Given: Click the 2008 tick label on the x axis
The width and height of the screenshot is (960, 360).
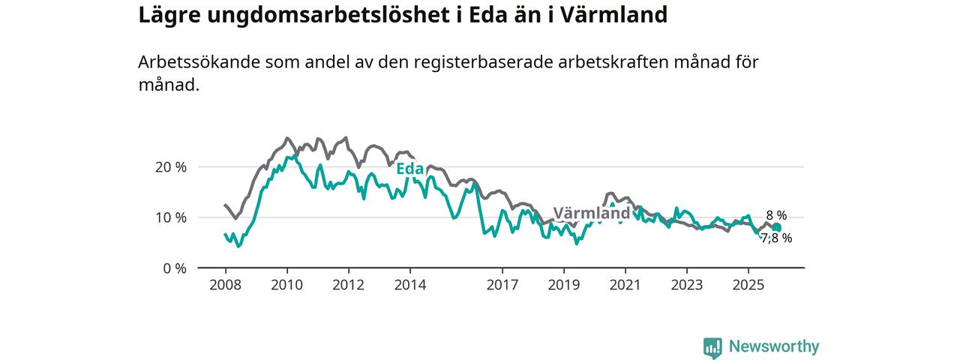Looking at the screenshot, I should (225, 286).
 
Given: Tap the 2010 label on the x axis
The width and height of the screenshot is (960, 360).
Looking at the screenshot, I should (286, 286).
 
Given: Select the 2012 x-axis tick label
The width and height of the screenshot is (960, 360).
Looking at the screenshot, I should (348, 286).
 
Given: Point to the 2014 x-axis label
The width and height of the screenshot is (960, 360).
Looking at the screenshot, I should (410, 286).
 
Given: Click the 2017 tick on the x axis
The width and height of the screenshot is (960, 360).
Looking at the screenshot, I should (502, 286).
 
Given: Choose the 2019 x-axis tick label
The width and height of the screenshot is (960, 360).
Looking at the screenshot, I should (564, 286).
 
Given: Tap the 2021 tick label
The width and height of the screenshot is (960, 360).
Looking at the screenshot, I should (625, 286).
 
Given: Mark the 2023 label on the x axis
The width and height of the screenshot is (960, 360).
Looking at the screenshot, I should (687, 286).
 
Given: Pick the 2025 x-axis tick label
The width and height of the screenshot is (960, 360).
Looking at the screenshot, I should (748, 286).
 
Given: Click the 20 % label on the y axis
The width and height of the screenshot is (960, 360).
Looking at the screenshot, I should (172, 167).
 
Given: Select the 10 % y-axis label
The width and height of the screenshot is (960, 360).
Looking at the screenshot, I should (172, 217).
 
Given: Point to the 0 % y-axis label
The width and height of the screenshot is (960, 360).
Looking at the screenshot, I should (175, 268).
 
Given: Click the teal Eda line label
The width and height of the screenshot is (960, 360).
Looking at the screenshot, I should (410, 169).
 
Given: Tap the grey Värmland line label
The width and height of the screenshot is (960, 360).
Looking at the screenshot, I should (592, 213).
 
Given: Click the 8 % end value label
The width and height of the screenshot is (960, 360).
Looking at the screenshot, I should (776, 216).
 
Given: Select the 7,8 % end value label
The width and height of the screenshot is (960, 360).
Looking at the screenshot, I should (776, 238).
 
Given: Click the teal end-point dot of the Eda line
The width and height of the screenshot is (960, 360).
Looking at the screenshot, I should (776, 228).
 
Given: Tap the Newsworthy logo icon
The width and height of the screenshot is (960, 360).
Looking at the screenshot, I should (712, 347).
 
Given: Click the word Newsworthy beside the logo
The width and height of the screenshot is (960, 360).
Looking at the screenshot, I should (773, 346).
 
